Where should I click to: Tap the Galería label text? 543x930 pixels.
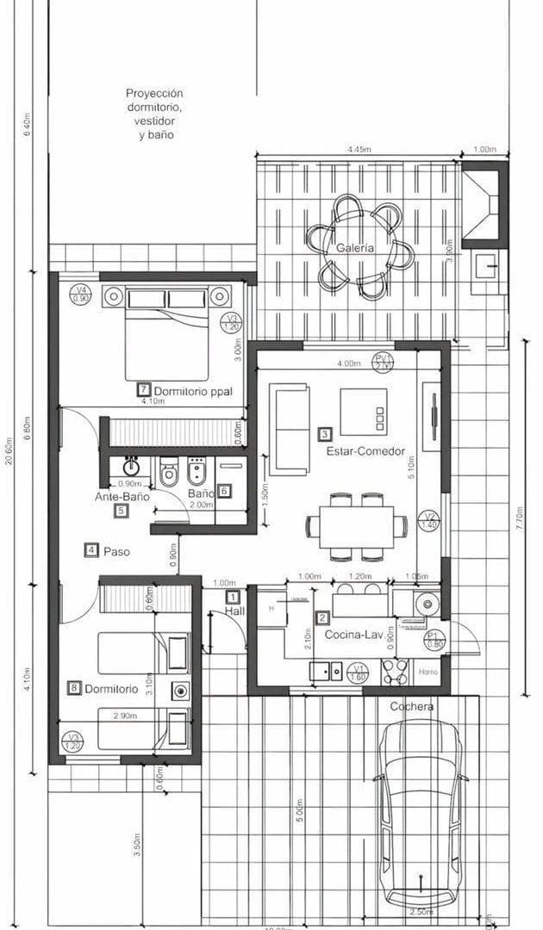point(355,248)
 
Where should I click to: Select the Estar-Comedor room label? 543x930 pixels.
point(365,451)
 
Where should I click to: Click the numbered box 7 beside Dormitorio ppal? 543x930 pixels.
point(144,390)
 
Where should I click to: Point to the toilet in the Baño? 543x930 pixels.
point(168,472)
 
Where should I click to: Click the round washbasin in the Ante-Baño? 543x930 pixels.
point(132,468)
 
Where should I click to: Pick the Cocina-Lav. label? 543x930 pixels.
point(354,635)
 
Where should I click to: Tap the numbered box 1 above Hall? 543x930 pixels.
point(232,596)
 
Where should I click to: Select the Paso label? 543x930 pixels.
point(116,551)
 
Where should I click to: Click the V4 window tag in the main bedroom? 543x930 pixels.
point(81,294)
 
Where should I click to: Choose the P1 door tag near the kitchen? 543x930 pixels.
point(434,639)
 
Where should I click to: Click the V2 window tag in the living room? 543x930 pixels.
point(428,520)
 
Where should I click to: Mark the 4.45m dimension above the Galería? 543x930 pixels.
point(359,150)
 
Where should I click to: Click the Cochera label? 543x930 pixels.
point(411,707)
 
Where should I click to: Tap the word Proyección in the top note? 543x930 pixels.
point(154,93)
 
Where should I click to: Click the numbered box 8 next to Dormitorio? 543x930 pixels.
point(74,688)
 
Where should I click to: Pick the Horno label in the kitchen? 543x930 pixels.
point(428,672)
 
